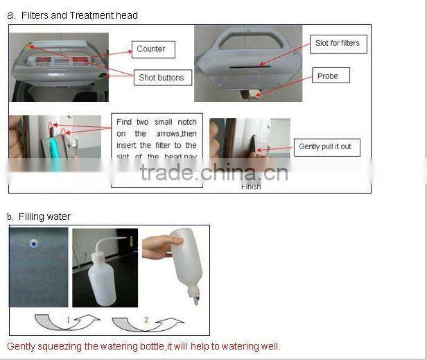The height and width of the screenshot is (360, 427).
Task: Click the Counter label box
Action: (151, 49)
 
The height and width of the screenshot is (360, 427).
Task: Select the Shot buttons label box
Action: (162, 78)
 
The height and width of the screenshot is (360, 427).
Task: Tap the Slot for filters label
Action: (337, 43)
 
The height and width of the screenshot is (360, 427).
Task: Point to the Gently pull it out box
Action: (325, 147)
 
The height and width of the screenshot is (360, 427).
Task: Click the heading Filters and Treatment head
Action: (79, 15)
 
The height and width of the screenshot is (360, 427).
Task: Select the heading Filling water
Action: (44, 217)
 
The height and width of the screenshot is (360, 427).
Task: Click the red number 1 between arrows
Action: (69, 320)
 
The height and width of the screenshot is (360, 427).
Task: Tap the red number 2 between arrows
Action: (146, 320)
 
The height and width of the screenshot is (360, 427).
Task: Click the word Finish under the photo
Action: (251, 187)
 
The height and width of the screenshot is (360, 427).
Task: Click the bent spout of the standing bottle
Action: (116, 240)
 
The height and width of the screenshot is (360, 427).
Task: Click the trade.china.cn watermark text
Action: (214, 171)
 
